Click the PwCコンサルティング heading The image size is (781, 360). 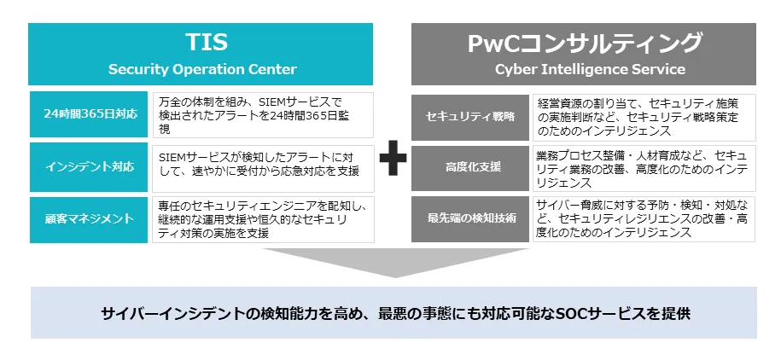click(585, 43)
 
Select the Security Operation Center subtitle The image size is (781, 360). click(202, 69)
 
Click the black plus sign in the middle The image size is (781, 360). click(393, 160)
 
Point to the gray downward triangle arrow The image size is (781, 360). click(393, 261)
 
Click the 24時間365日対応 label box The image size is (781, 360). click(90, 115)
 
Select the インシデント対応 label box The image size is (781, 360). click(90, 166)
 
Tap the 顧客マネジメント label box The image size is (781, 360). click(90, 219)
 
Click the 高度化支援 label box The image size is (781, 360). click(471, 166)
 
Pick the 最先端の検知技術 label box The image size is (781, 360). click(471, 218)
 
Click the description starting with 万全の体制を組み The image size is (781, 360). click(261, 115)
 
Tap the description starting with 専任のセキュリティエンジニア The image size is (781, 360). click(261, 219)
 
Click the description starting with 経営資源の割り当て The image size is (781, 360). click(644, 116)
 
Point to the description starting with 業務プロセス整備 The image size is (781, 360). click(644, 166)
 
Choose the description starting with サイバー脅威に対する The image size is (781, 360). click(644, 218)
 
